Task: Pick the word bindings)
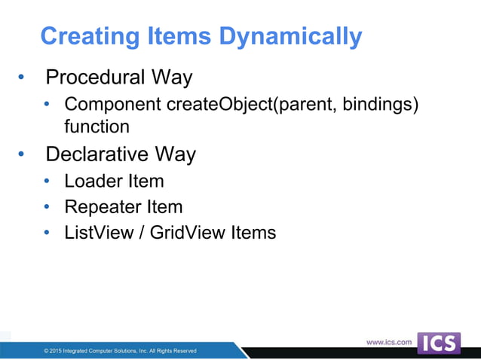pos(380,103)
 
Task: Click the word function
pos(97,127)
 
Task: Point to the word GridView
pos(188,232)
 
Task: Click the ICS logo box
pos(438,343)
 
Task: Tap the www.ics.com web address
pos(389,342)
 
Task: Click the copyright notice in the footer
pos(121,351)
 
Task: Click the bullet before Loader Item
pos(47,182)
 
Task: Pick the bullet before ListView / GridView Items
pos(47,233)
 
